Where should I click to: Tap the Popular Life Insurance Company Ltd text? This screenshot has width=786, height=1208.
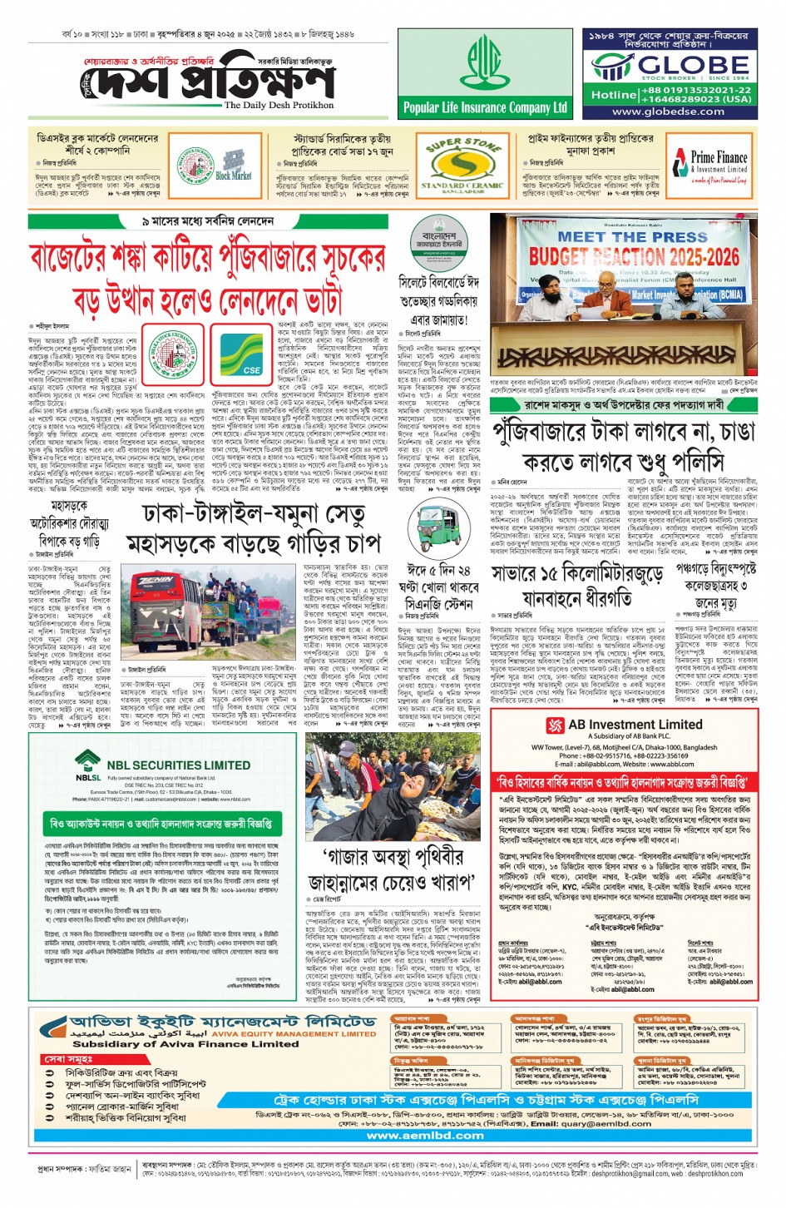point(485,107)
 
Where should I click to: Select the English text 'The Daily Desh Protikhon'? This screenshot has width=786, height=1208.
point(279,106)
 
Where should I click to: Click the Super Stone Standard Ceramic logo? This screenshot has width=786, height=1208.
point(462,164)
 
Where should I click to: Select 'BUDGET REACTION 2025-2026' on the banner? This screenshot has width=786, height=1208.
point(634,256)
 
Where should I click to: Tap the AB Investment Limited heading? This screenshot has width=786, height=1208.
point(635,725)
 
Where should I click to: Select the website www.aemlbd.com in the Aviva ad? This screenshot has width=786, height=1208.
point(424,1135)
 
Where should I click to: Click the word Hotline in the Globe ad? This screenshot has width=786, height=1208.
point(614,95)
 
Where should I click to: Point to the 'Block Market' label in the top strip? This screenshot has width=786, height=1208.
point(233,176)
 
